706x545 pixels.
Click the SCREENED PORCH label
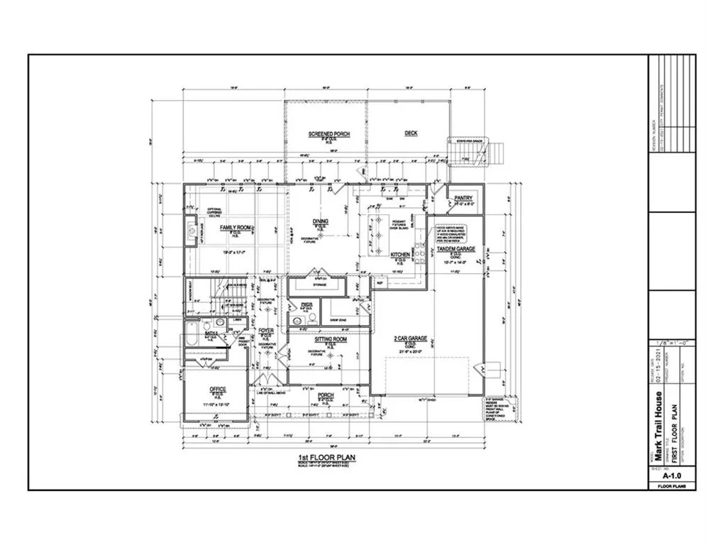(x=326, y=133)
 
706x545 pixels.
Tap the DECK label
(x=411, y=133)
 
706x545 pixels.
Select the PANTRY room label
(x=463, y=198)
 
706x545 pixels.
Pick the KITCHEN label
(x=400, y=254)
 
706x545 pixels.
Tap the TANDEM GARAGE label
(x=456, y=248)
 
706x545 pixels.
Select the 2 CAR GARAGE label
(x=412, y=338)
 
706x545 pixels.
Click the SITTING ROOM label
(x=330, y=340)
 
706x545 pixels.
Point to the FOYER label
(x=266, y=331)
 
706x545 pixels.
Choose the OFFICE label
(x=217, y=390)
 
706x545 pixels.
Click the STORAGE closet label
(x=319, y=285)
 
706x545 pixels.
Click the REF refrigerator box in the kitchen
(x=379, y=282)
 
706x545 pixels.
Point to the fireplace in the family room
(x=192, y=230)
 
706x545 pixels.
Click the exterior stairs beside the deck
(x=492, y=152)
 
